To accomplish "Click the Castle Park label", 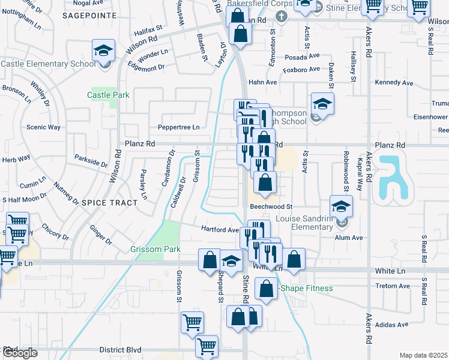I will pos(108,95).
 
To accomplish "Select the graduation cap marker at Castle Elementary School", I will pos(103,52).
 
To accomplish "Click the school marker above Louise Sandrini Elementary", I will pos(341,207).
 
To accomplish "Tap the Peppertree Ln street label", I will pos(178,127).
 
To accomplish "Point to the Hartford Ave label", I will pos(219,230).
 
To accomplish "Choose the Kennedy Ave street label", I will pos(394,82).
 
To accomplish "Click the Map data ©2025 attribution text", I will pos(423,355).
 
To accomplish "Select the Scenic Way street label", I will pos(44,127).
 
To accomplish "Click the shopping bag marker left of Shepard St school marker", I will pos(210,260).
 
